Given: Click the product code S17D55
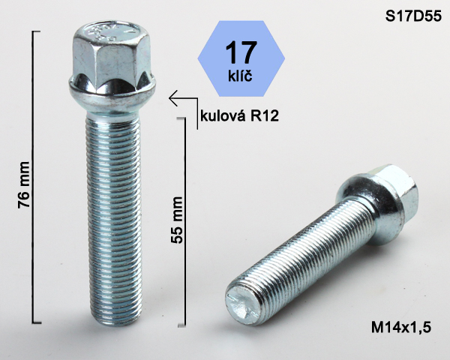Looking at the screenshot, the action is click(x=413, y=16).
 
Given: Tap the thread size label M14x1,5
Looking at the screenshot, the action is click(x=401, y=327).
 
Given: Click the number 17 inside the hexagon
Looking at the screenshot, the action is click(x=241, y=52).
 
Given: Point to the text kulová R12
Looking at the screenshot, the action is click(x=239, y=116).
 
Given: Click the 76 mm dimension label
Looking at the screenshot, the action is click(x=23, y=184).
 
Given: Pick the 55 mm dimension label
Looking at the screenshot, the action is click(x=177, y=220).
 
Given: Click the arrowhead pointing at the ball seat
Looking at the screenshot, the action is click(x=173, y=98).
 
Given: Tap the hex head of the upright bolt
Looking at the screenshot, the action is click(x=112, y=53).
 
